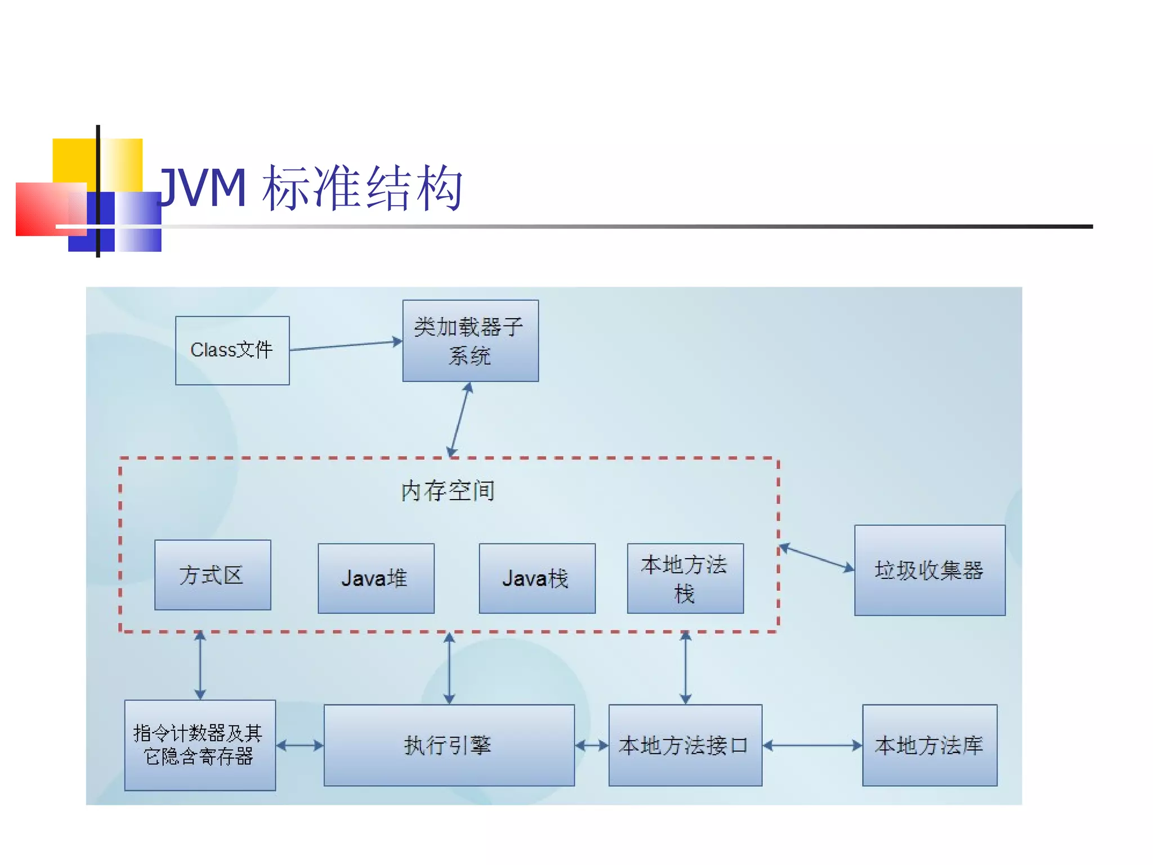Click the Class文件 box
click(232, 350)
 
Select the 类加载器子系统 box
click(470, 341)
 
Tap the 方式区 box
click(212, 575)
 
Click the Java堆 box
click(376, 578)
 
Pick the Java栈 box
click(537, 578)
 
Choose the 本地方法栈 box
click(685, 578)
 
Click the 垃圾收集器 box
click(929, 570)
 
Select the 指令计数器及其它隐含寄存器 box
click(200, 745)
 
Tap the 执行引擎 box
click(449, 745)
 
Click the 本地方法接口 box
click(685, 745)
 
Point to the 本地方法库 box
click(929, 745)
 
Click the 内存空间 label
click(448, 491)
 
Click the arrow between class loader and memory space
click(459, 420)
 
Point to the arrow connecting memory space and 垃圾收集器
click(816, 558)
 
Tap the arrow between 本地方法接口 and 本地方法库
click(812, 746)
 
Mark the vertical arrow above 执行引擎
click(449, 668)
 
